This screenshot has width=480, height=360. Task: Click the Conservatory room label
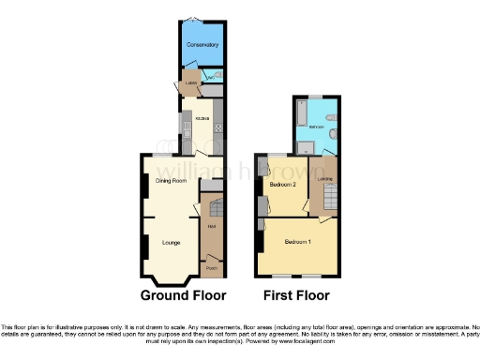click(x=202, y=45)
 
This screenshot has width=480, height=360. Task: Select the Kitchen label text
click(x=202, y=118)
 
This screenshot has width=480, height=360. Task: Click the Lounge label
click(x=171, y=243)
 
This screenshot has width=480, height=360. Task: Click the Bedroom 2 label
click(x=283, y=185)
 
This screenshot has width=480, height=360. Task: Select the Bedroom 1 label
click(x=298, y=242)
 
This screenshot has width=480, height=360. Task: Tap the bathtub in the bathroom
click(x=299, y=114)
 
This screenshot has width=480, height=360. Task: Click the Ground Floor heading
click(x=183, y=295)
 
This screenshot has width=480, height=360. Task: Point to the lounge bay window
click(x=171, y=280)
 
